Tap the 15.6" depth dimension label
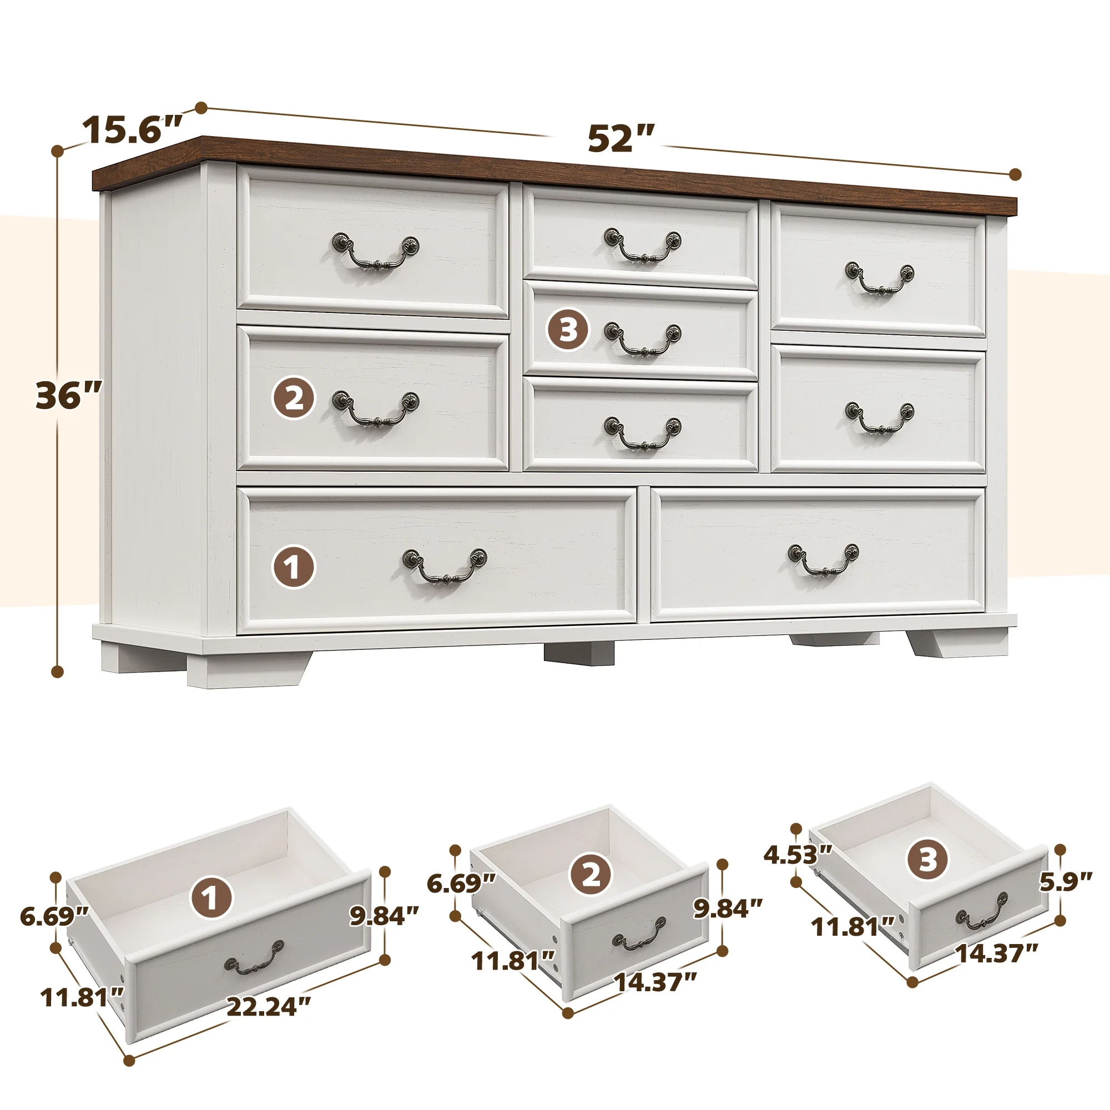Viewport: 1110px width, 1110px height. pyautogui.click(x=133, y=130)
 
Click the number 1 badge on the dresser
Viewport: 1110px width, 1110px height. pyautogui.click(x=293, y=567)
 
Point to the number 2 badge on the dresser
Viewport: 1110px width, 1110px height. pyautogui.click(x=293, y=397)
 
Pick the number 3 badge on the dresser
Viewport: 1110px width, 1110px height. pyautogui.click(x=568, y=330)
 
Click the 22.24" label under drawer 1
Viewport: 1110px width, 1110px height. pyautogui.click(x=268, y=1007)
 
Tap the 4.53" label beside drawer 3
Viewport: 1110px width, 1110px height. pyautogui.click(x=798, y=871)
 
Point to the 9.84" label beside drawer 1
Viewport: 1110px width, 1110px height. pyautogui.click(x=385, y=915)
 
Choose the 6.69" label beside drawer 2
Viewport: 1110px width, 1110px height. pyautogui.click(x=461, y=883)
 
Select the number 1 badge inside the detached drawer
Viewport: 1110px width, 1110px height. pyautogui.click(x=212, y=897)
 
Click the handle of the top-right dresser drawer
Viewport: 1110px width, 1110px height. pyautogui.click(x=879, y=279)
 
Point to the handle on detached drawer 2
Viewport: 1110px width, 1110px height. pyautogui.click(x=639, y=941)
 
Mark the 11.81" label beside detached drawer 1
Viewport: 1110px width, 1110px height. pyautogui.click(x=82, y=998)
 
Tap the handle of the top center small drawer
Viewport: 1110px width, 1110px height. pyautogui.click(x=642, y=245)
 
